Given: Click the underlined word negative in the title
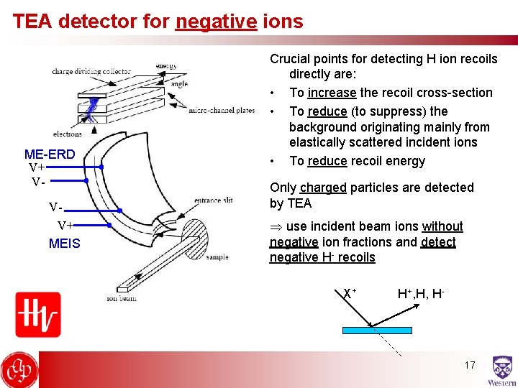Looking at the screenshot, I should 216,22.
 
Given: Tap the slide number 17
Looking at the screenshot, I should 470,365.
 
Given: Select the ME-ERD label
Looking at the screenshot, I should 50,154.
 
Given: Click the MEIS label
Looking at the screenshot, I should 65,244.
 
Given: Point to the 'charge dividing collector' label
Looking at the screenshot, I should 91,71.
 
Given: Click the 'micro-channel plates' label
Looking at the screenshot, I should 222,111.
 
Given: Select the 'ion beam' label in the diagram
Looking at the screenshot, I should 122,298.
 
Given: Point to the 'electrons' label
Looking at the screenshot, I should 68,134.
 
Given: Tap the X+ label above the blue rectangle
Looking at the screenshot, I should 350,293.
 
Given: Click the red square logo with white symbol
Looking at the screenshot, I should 37,314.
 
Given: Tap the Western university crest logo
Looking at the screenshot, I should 501,371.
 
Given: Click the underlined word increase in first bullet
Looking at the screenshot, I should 332,93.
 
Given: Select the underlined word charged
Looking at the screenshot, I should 323,188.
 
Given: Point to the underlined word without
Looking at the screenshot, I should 442,226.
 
